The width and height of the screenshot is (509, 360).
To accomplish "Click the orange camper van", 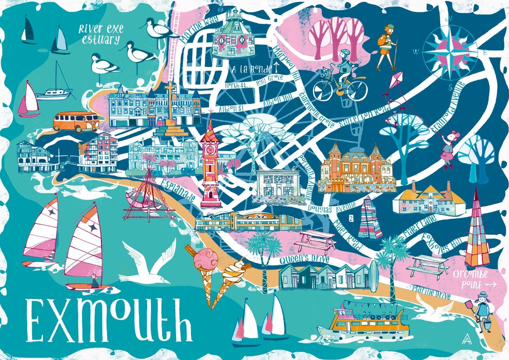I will coord(75,121).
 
